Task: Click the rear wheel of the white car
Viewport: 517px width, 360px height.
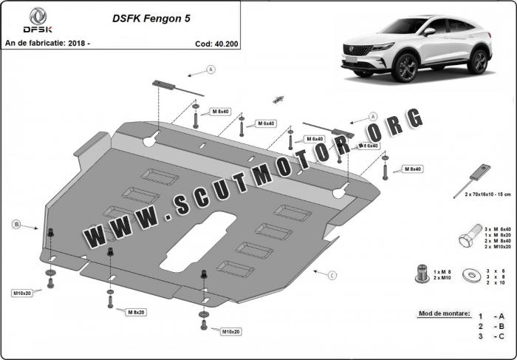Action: click(480, 61)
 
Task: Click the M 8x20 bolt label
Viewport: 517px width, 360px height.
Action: click(136, 313)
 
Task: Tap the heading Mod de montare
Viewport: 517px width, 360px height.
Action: click(444, 314)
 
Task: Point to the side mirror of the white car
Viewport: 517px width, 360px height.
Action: click(428, 33)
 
